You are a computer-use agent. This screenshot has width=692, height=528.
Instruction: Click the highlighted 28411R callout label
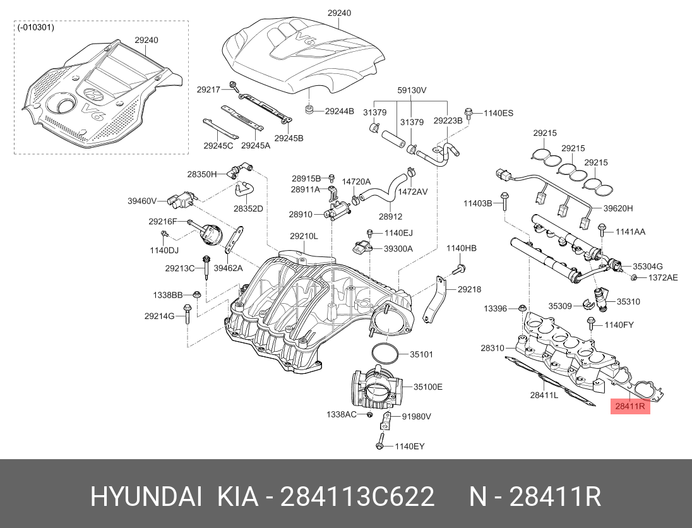pyautogui.click(x=629, y=407)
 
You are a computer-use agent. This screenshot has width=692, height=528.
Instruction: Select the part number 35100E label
pyautogui.click(x=428, y=387)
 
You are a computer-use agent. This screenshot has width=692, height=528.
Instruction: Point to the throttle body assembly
pyautogui.click(x=376, y=390)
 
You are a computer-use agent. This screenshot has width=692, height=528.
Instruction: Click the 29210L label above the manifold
pyautogui.click(x=304, y=236)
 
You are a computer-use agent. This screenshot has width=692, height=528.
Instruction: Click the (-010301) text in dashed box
pyautogui.click(x=37, y=27)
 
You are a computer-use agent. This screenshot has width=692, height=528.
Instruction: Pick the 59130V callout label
pyautogui.click(x=412, y=90)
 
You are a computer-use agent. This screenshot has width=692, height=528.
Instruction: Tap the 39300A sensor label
pyautogui.click(x=398, y=249)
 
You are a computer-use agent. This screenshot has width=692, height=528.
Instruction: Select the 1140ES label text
pyautogui.click(x=498, y=113)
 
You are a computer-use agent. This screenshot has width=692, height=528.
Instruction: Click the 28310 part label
pyautogui.click(x=492, y=348)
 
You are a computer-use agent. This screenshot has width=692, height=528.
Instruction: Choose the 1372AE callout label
pyautogui.click(x=663, y=277)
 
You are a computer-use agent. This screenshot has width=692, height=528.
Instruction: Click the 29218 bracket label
pyautogui.click(x=469, y=289)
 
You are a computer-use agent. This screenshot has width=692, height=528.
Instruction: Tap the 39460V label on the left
pyautogui.click(x=142, y=201)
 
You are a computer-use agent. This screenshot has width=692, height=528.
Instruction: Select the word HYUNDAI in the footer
pyautogui.click(x=146, y=498)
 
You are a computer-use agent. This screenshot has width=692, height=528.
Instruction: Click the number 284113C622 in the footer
pyautogui.click(x=357, y=498)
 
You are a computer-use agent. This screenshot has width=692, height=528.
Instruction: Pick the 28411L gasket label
pyautogui.click(x=544, y=395)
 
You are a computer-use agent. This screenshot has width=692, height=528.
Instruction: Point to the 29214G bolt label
pyautogui.click(x=159, y=316)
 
